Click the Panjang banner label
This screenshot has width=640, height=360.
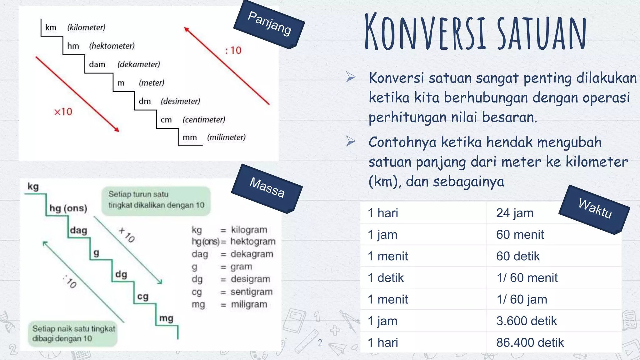(269, 24)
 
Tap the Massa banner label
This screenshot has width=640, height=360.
(267, 188)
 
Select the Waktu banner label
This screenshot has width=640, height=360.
(595, 209)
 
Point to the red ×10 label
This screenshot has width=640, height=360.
(63, 112)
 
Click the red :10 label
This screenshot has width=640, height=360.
(233, 50)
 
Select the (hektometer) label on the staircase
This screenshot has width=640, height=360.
(112, 46)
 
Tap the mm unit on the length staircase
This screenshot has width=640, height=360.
(190, 137)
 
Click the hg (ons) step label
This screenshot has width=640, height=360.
(68, 208)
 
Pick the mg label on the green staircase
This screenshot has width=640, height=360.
(166, 318)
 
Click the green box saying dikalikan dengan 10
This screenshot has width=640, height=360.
(156, 200)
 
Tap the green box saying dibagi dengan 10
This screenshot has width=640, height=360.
(73, 333)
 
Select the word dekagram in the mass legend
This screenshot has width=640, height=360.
(252, 254)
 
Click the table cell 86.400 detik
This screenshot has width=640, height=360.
(530, 343)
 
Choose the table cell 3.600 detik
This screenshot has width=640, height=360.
(527, 321)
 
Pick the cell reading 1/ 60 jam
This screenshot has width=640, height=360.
(522, 299)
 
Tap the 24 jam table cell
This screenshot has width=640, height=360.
(515, 213)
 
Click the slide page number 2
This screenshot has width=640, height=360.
(320, 342)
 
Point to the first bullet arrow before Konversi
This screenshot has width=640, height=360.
(351, 77)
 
